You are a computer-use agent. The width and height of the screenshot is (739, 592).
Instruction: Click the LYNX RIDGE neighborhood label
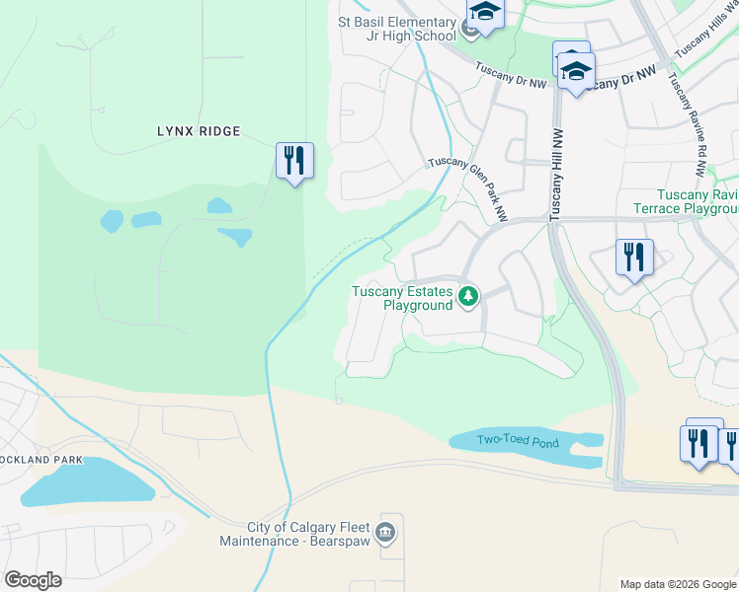[199, 130]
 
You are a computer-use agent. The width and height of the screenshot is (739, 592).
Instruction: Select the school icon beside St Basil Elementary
[485, 13]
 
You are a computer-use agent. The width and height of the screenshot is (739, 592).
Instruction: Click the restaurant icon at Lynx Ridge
[294, 160]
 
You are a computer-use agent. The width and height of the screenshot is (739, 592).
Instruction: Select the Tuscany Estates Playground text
[403, 298]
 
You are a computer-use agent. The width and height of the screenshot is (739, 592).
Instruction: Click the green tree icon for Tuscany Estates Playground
[468, 297]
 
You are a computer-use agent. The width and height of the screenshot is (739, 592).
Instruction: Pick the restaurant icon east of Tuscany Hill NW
[633, 258]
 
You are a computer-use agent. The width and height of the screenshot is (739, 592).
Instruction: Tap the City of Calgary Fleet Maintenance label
[296, 534]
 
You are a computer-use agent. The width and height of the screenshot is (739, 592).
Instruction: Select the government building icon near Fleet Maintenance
[387, 534]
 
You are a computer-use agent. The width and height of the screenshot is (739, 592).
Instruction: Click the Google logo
[33, 580]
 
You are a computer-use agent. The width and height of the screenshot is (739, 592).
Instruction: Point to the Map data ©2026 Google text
[678, 584]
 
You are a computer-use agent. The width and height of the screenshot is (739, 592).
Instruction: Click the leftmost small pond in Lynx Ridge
[112, 219]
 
